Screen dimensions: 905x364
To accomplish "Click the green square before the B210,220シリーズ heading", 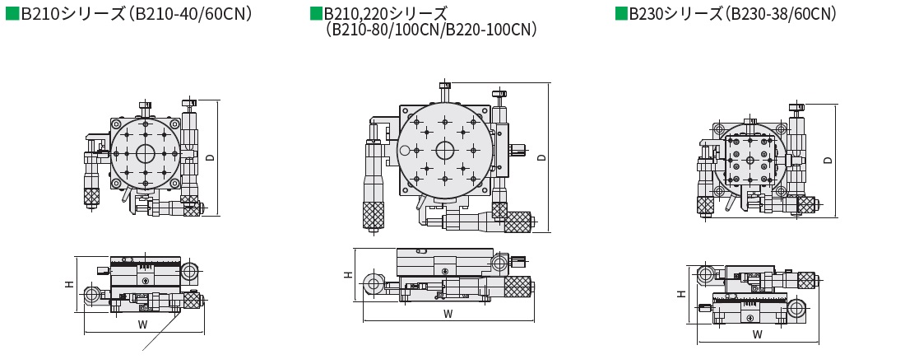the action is click(x=316, y=13).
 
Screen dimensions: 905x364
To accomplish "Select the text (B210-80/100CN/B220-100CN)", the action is click(x=431, y=30).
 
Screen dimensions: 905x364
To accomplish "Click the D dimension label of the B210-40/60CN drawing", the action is click(x=211, y=157).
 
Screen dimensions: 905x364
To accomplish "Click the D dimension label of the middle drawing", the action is click(x=541, y=157).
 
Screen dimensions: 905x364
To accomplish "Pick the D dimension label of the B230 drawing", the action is click(x=828, y=160).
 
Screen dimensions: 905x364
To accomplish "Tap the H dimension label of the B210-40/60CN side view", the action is click(x=68, y=283).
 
